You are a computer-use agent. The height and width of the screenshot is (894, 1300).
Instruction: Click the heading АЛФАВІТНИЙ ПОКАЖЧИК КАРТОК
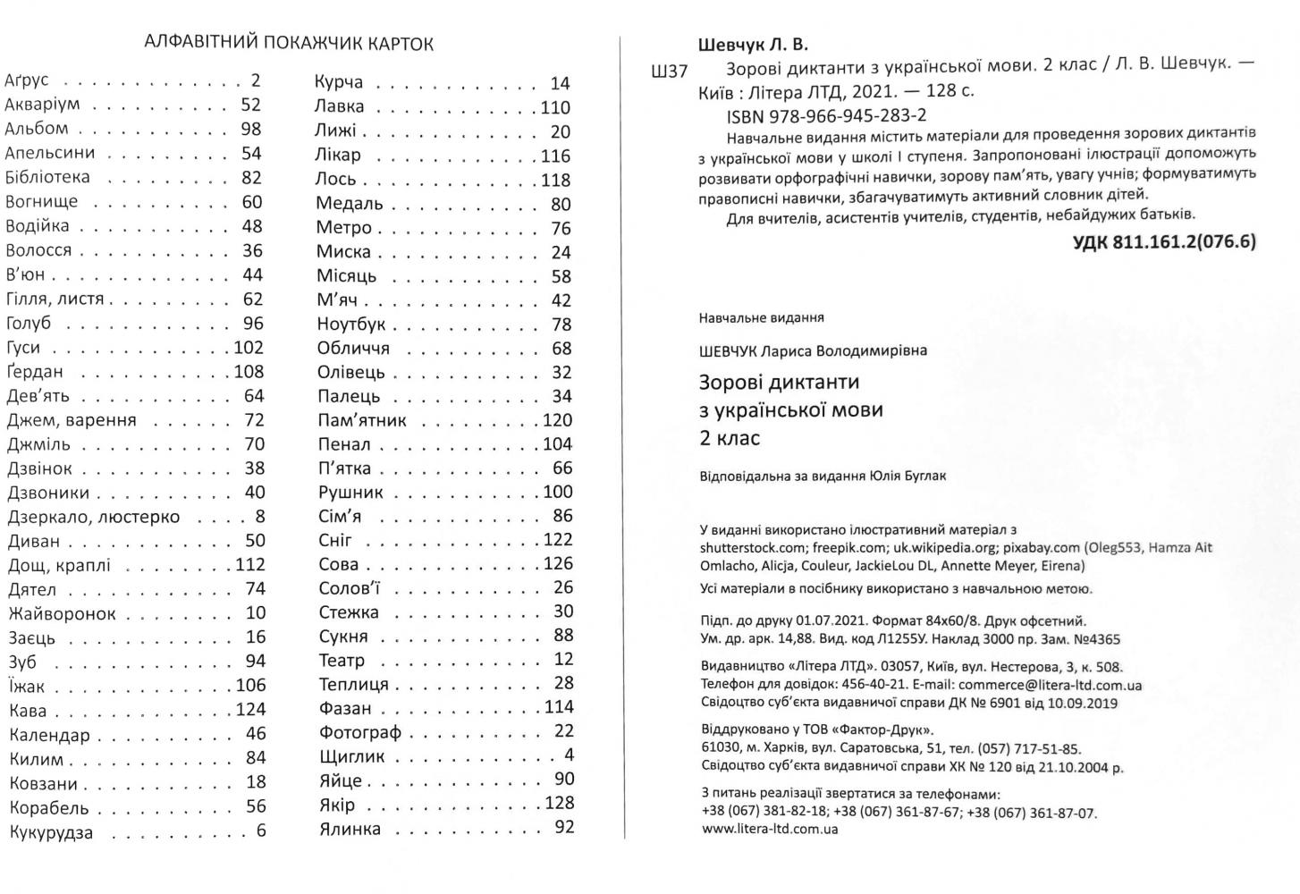288,43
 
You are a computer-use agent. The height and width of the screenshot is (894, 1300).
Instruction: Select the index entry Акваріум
42,105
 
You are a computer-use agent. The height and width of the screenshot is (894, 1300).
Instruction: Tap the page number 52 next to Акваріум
250,105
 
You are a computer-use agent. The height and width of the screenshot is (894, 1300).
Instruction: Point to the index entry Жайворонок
62,613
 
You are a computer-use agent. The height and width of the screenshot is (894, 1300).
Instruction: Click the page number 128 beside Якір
559,803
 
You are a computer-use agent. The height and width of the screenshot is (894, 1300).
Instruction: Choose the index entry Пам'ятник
361,420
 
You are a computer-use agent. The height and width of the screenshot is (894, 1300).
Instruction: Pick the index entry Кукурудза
51,832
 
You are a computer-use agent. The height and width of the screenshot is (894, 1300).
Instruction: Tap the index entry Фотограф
359,732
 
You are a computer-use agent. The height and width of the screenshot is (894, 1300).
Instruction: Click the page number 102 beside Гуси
249,347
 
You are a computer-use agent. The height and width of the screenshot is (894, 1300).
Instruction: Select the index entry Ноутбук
351,325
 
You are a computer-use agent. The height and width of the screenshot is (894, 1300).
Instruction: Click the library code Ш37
671,72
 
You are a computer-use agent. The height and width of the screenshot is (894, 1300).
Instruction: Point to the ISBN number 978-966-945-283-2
826,115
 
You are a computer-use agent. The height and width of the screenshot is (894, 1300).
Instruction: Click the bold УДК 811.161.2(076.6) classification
1164,240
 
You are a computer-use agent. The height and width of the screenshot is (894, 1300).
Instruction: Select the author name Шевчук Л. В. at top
752,45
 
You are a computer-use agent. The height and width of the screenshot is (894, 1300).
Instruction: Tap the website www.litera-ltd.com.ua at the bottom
769,829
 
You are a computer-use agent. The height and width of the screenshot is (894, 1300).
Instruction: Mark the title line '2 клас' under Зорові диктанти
730,439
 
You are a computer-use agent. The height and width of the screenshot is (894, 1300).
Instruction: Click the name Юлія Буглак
907,476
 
